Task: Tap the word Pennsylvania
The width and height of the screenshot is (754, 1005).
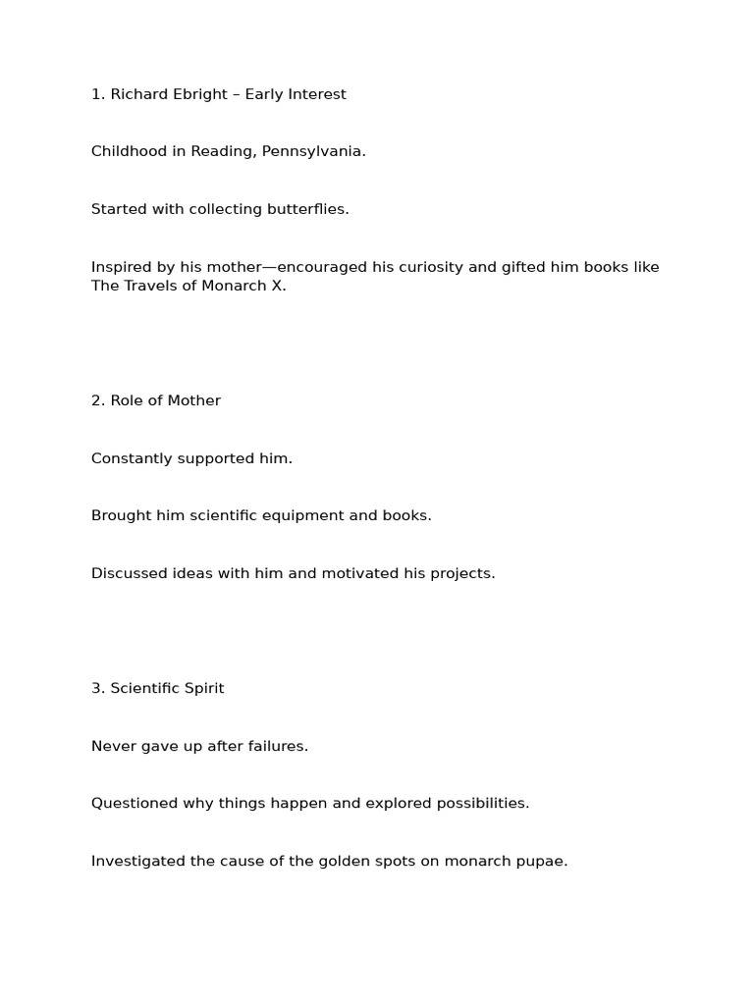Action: point(313,152)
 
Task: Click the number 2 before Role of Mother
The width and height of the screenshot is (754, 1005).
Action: point(96,400)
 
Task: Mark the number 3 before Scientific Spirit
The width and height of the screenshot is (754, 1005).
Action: point(96,688)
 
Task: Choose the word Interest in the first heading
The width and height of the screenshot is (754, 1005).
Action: point(316,95)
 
